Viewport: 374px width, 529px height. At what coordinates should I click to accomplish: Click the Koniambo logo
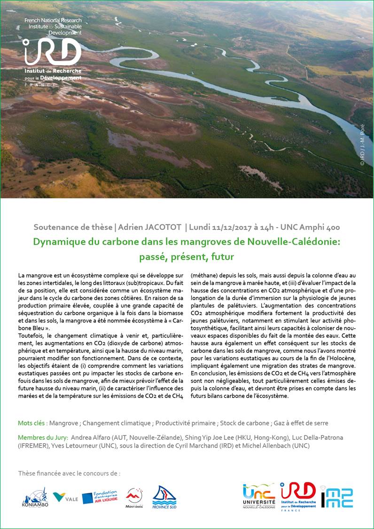point(35,498)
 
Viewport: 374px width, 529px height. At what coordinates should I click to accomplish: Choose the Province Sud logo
point(164,497)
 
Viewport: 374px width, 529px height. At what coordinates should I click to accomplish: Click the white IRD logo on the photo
point(53,52)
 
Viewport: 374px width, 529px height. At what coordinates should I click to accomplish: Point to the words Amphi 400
point(321,227)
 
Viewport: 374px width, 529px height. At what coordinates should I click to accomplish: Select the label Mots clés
point(32,423)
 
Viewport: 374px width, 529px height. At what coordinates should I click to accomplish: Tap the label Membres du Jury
point(42,437)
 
